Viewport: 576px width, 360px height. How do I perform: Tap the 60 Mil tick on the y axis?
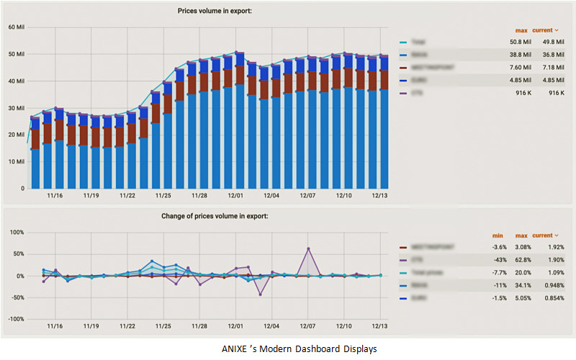(17, 27)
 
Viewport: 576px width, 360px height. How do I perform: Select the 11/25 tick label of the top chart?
(164, 195)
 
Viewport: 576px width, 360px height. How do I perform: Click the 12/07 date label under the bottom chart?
(307, 326)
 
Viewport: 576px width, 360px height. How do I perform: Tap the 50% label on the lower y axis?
(17, 254)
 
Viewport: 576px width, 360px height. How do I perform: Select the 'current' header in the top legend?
(546, 30)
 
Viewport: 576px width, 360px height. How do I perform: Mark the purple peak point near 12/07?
(308, 248)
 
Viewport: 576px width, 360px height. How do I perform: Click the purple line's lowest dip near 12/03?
(260, 294)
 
